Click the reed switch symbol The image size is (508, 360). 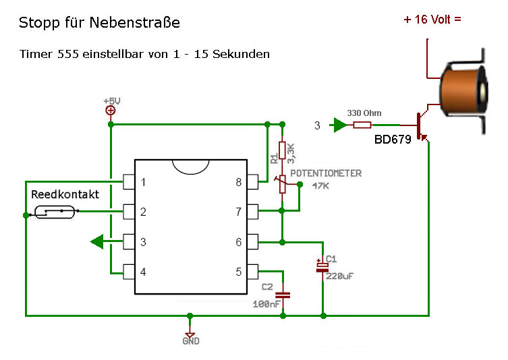[x=55, y=212]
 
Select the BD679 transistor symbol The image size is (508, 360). [x=422, y=125]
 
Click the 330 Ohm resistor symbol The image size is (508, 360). [x=362, y=125]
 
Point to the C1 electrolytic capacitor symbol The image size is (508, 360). [x=322, y=268]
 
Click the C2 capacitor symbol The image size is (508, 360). [x=283, y=295]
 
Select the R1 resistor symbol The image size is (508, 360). [x=282, y=150]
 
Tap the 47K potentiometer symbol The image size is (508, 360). [x=283, y=184]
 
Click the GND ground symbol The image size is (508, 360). [x=190, y=335]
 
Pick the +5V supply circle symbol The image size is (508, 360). [x=111, y=111]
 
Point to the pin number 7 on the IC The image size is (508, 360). [x=238, y=212]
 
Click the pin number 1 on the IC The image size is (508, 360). [x=143, y=182]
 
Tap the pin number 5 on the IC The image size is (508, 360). [x=238, y=272]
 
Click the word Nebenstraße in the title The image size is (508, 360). [x=134, y=22]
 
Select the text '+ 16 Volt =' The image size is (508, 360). [x=432, y=20]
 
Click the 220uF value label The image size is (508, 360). [x=339, y=276]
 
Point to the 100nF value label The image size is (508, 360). [x=266, y=304]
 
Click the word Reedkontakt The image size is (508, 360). [x=65, y=194]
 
